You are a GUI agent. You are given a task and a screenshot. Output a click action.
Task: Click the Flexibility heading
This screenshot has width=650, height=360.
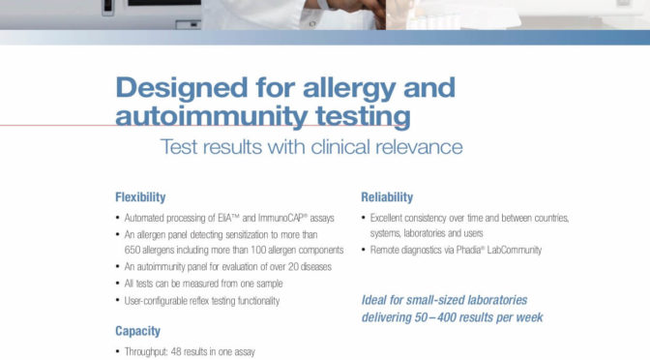140,197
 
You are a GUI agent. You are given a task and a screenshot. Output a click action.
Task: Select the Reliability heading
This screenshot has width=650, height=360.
387,197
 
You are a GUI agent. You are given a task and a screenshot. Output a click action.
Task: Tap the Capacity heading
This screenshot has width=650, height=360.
137,331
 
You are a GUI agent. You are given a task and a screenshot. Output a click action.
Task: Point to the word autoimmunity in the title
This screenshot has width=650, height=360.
212,116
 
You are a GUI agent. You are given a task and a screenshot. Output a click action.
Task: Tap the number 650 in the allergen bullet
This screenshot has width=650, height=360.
133,250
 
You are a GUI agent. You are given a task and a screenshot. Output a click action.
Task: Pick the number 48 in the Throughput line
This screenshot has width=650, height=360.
176,352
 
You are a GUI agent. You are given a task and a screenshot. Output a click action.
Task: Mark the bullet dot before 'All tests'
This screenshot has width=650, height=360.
118,284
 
